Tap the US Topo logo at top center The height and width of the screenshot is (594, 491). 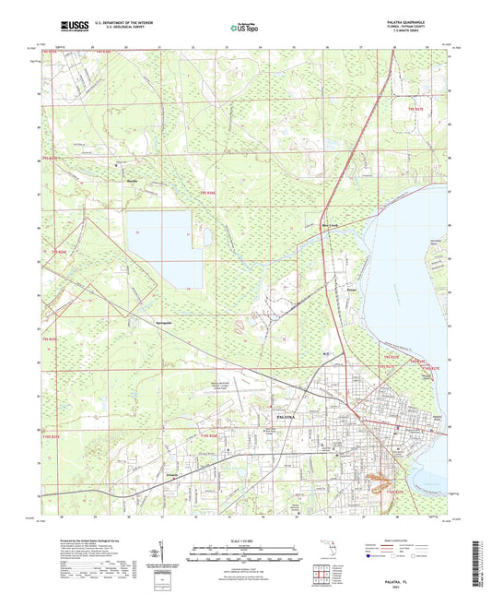(x=244, y=30)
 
